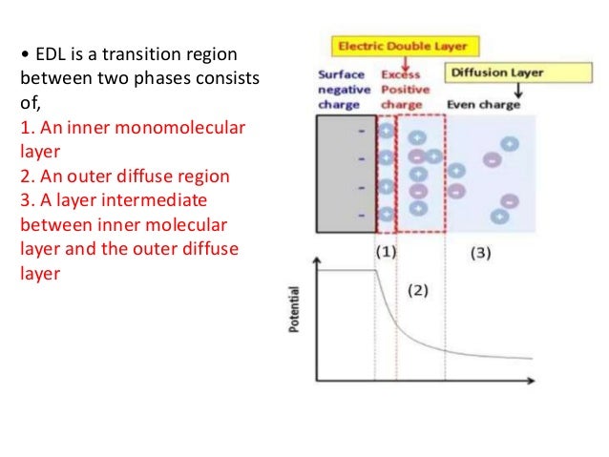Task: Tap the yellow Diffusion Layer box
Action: coord(495,73)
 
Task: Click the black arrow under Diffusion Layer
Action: coord(517,92)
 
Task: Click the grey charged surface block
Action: coord(346,177)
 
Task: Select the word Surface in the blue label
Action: coord(340,73)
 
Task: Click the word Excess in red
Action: coord(401,73)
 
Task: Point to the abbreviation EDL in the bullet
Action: coord(49,52)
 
